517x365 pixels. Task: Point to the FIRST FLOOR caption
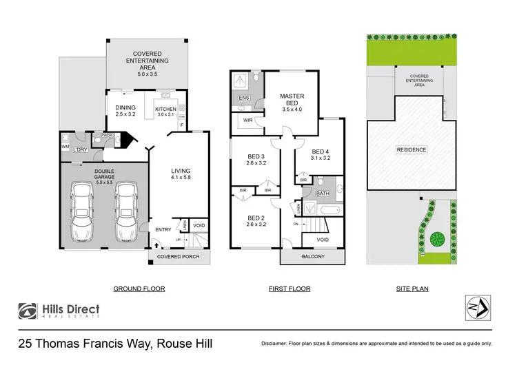click(x=290, y=289)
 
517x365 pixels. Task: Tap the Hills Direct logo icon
click(x=28, y=311)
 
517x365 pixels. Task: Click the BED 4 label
click(x=321, y=152)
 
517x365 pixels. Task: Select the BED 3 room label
click(x=256, y=156)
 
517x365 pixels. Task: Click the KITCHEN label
click(x=166, y=109)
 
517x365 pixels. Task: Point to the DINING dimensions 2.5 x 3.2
click(x=125, y=115)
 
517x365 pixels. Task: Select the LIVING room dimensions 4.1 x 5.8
click(x=181, y=178)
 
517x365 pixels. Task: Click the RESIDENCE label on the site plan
click(x=411, y=149)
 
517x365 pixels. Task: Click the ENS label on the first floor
click(x=243, y=98)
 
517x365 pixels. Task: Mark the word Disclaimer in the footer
click(x=276, y=343)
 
